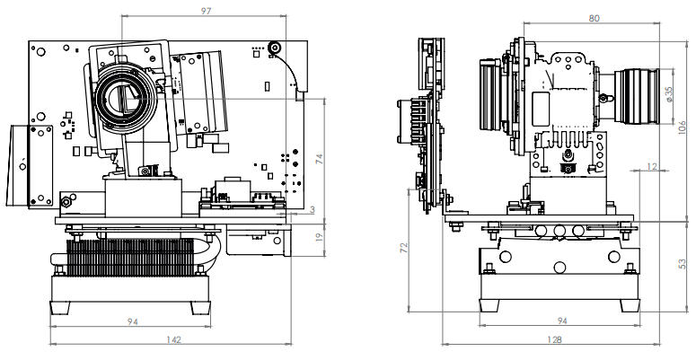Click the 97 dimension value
click(207, 11)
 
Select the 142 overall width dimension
click(175, 339)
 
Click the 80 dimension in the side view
click(594, 17)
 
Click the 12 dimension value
click(651, 166)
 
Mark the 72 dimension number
click(404, 245)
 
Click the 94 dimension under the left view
click(133, 320)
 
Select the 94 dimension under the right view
click(562, 320)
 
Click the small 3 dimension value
click(311, 209)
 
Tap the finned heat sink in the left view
click(135, 260)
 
